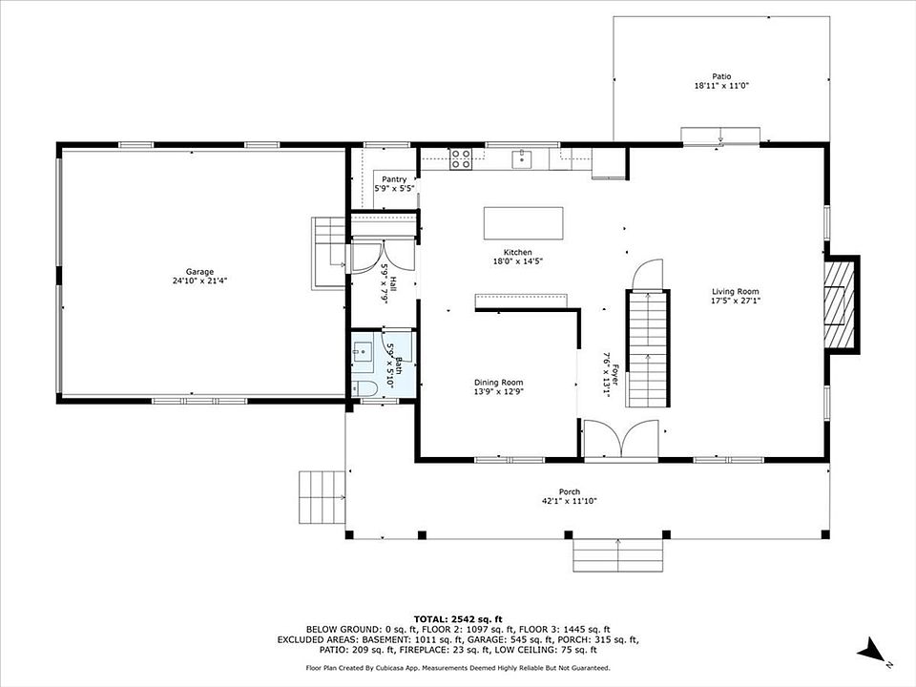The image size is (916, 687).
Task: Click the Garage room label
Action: [x=199, y=272]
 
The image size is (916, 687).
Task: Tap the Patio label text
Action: [x=721, y=76]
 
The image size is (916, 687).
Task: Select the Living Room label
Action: [x=736, y=292]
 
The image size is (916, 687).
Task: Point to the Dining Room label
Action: [x=498, y=383]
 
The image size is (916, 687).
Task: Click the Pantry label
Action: [x=394, y=179]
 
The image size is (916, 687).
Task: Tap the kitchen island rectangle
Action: [x=524, y=222]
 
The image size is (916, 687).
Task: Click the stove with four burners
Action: [x=460, y=159]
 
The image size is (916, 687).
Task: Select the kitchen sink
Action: [x=522, y=159]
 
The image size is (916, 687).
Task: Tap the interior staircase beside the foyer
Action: [x=647, y=348]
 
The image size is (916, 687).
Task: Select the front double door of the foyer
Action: [x=621, y=439]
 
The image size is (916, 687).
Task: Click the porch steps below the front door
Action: [x=618, y=555]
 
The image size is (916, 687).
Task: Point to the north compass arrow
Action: [x=871, y=651]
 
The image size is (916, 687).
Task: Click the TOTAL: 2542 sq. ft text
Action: [x=458, y=618]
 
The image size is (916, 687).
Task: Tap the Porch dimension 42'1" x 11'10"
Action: [x=569, y=501]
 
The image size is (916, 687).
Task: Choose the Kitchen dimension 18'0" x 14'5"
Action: [x=518, y=261]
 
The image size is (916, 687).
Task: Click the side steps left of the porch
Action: [x=322, y=497]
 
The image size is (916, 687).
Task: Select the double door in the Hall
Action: [x=383, y=257]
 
